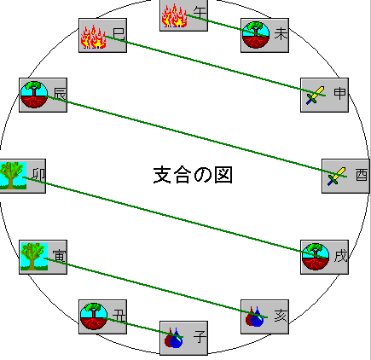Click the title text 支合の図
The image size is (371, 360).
[193, 175]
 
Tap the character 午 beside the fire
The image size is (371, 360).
[200, 13]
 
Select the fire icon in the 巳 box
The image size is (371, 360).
[93, 37]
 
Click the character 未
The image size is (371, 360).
[281, 34]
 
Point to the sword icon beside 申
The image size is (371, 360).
[316, 96]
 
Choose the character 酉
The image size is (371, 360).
[362, 175]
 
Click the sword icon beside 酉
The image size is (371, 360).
[337, 177]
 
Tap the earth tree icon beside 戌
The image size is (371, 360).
[316, 256]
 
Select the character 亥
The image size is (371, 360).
[281, 316]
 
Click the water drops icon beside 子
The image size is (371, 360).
[173, 338]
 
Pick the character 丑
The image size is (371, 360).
[119, 316]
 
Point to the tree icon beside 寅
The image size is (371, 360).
[34, 257]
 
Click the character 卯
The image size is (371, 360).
[38, 175]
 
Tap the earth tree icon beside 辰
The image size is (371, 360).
[34, 95]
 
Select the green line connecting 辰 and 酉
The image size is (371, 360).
[196, 136]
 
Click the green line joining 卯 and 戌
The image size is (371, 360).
[174, 218]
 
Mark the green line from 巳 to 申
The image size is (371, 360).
[215, 66]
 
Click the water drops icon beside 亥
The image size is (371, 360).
[255, 316]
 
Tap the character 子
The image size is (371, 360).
[200, 337]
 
